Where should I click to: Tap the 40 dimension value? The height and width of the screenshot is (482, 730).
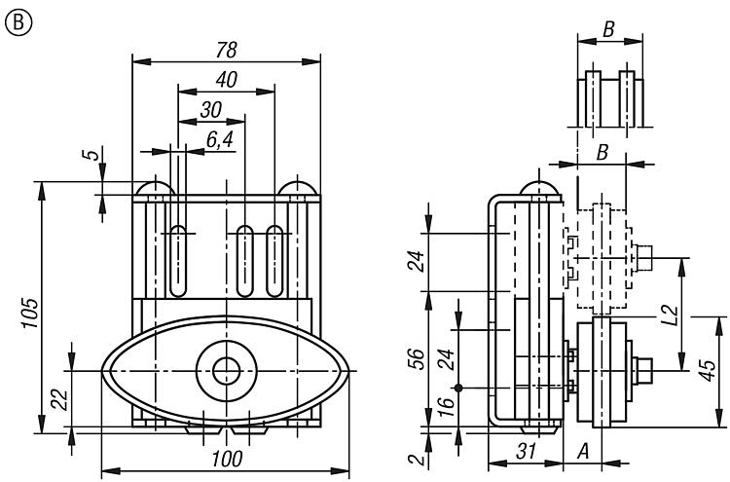click(x=227, y=81)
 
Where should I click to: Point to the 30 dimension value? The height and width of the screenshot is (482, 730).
click(x=210, y=110)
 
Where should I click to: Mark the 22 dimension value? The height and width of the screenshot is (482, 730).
click(x=56, y=399)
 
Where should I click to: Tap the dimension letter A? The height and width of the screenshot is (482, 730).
click(x=583, y=451)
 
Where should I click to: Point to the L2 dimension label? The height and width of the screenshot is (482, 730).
click(x=668, y=314)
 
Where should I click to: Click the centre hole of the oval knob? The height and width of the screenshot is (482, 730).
click(x=229, y=370)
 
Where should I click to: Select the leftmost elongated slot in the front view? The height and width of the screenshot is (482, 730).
click(x=179, y=260)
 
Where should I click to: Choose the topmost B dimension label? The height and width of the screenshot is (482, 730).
click(x=608, y=29)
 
